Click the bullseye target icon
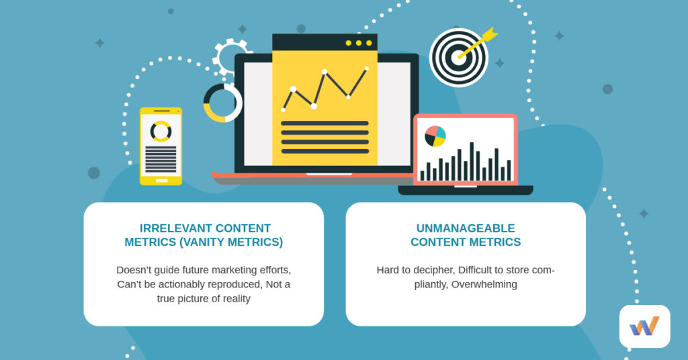pyautogui.click(x=458, y=57)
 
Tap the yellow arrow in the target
pyautogui.click(x=478, y=43)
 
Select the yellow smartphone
pyautogui.click(x=161, y=146)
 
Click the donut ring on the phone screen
pyautogui.click(x=161, y=131)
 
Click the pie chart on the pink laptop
pyautogui.click(x=435, y=136)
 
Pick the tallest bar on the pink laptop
pyautogui.click(x=472, y=161)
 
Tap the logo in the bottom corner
pyautogui.click(x=644, y=326)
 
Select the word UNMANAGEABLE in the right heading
pyautogui.click(x=466, y=228)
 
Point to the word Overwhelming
pyautogui.click(x=484, y=284)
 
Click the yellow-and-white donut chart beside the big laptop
pyautogui.click(x=222, y=103)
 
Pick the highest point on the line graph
pyautogui.click(x=366, y=69)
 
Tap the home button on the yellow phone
pyautogui.click(x=161, y=180)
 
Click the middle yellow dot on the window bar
pyautogui.click(x=359, y=43)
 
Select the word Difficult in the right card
pyautogui.click(x=478, y=270)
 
